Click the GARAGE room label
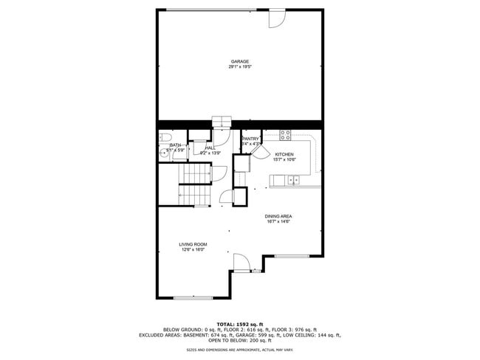pos(239,61)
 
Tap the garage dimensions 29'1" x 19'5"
pos(239,67)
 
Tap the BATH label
pos(175,145)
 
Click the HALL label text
pos(210,148)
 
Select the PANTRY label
pos(251,139)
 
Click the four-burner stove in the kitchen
pos(286,135)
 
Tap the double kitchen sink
pos(294,179)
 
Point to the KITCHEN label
pos(284,154)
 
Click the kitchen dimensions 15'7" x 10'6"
pos(284,160)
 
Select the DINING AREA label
pos(278,216)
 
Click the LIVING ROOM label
pos(193,244)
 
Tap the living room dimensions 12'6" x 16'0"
pos(193,250)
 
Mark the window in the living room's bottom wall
pos(193,297)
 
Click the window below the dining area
pos(292,256)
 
